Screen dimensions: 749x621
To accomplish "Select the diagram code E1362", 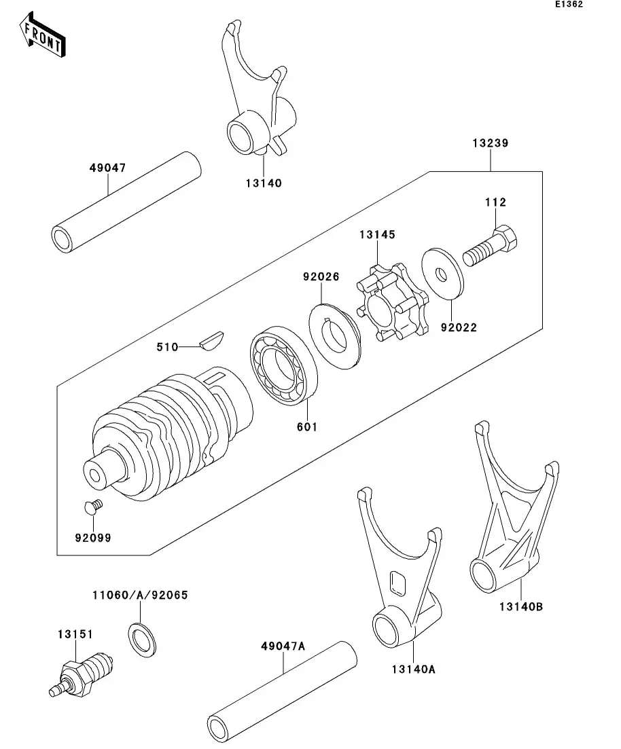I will (x=568, y=5).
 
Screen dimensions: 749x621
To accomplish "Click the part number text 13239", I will (x=491, y=143).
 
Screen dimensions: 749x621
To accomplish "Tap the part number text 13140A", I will (x=413, y=669).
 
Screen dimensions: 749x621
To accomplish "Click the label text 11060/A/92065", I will (x=140, y=595).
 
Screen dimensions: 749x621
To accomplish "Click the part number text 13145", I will (x=378, y=234).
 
